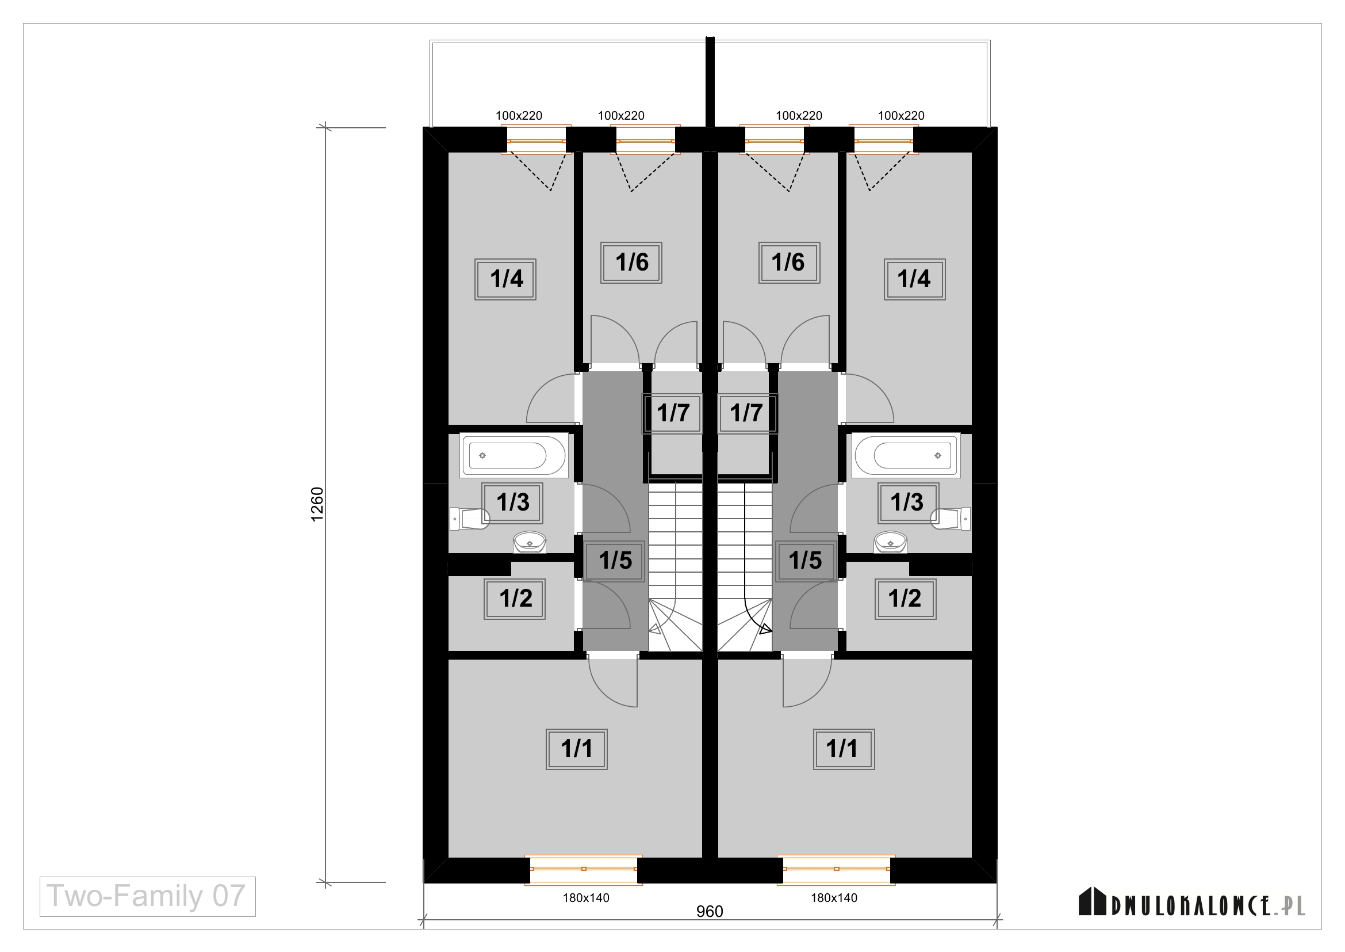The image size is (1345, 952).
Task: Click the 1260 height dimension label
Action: coord(317,504)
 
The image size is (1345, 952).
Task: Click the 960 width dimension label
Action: coord(710,912)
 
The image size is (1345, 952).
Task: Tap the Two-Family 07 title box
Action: coord(148,896)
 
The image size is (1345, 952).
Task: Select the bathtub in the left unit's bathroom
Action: coord(514,455)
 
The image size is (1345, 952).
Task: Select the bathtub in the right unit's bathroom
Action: coord(906,455)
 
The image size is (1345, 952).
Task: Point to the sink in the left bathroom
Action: coord(530,542)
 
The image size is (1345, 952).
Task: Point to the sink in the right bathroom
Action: coord(890,542)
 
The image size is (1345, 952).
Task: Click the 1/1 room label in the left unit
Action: coord(576,749)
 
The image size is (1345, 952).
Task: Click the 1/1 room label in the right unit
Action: coord(844,749)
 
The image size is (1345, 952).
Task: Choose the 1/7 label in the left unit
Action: coord(673,413)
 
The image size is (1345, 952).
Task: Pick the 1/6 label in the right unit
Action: coord(789,262)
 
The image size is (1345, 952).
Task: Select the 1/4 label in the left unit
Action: coord(505,279)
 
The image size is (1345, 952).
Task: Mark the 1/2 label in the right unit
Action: coord(905,599)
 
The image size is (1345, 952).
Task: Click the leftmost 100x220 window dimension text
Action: coord(519,116)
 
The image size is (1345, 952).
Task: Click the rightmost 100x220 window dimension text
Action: coord(901,116)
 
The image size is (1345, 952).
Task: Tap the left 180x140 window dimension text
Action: coord(586,897)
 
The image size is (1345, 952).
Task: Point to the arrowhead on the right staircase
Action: coord(765,630)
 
